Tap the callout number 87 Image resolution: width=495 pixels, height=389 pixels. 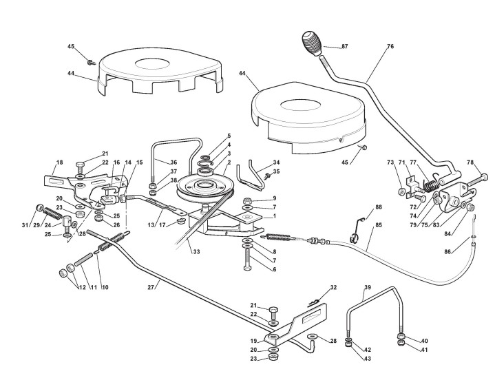coord(345,46)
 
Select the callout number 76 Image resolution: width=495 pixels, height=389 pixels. coord(390,47)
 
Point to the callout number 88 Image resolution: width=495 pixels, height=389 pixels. coord(378,207)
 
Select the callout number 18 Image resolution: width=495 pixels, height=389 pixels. coord(59,162)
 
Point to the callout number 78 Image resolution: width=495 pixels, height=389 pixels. coord(470,162)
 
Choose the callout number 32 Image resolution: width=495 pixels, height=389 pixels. coord(333,286)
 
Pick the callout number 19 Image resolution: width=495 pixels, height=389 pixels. coord(254,340)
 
